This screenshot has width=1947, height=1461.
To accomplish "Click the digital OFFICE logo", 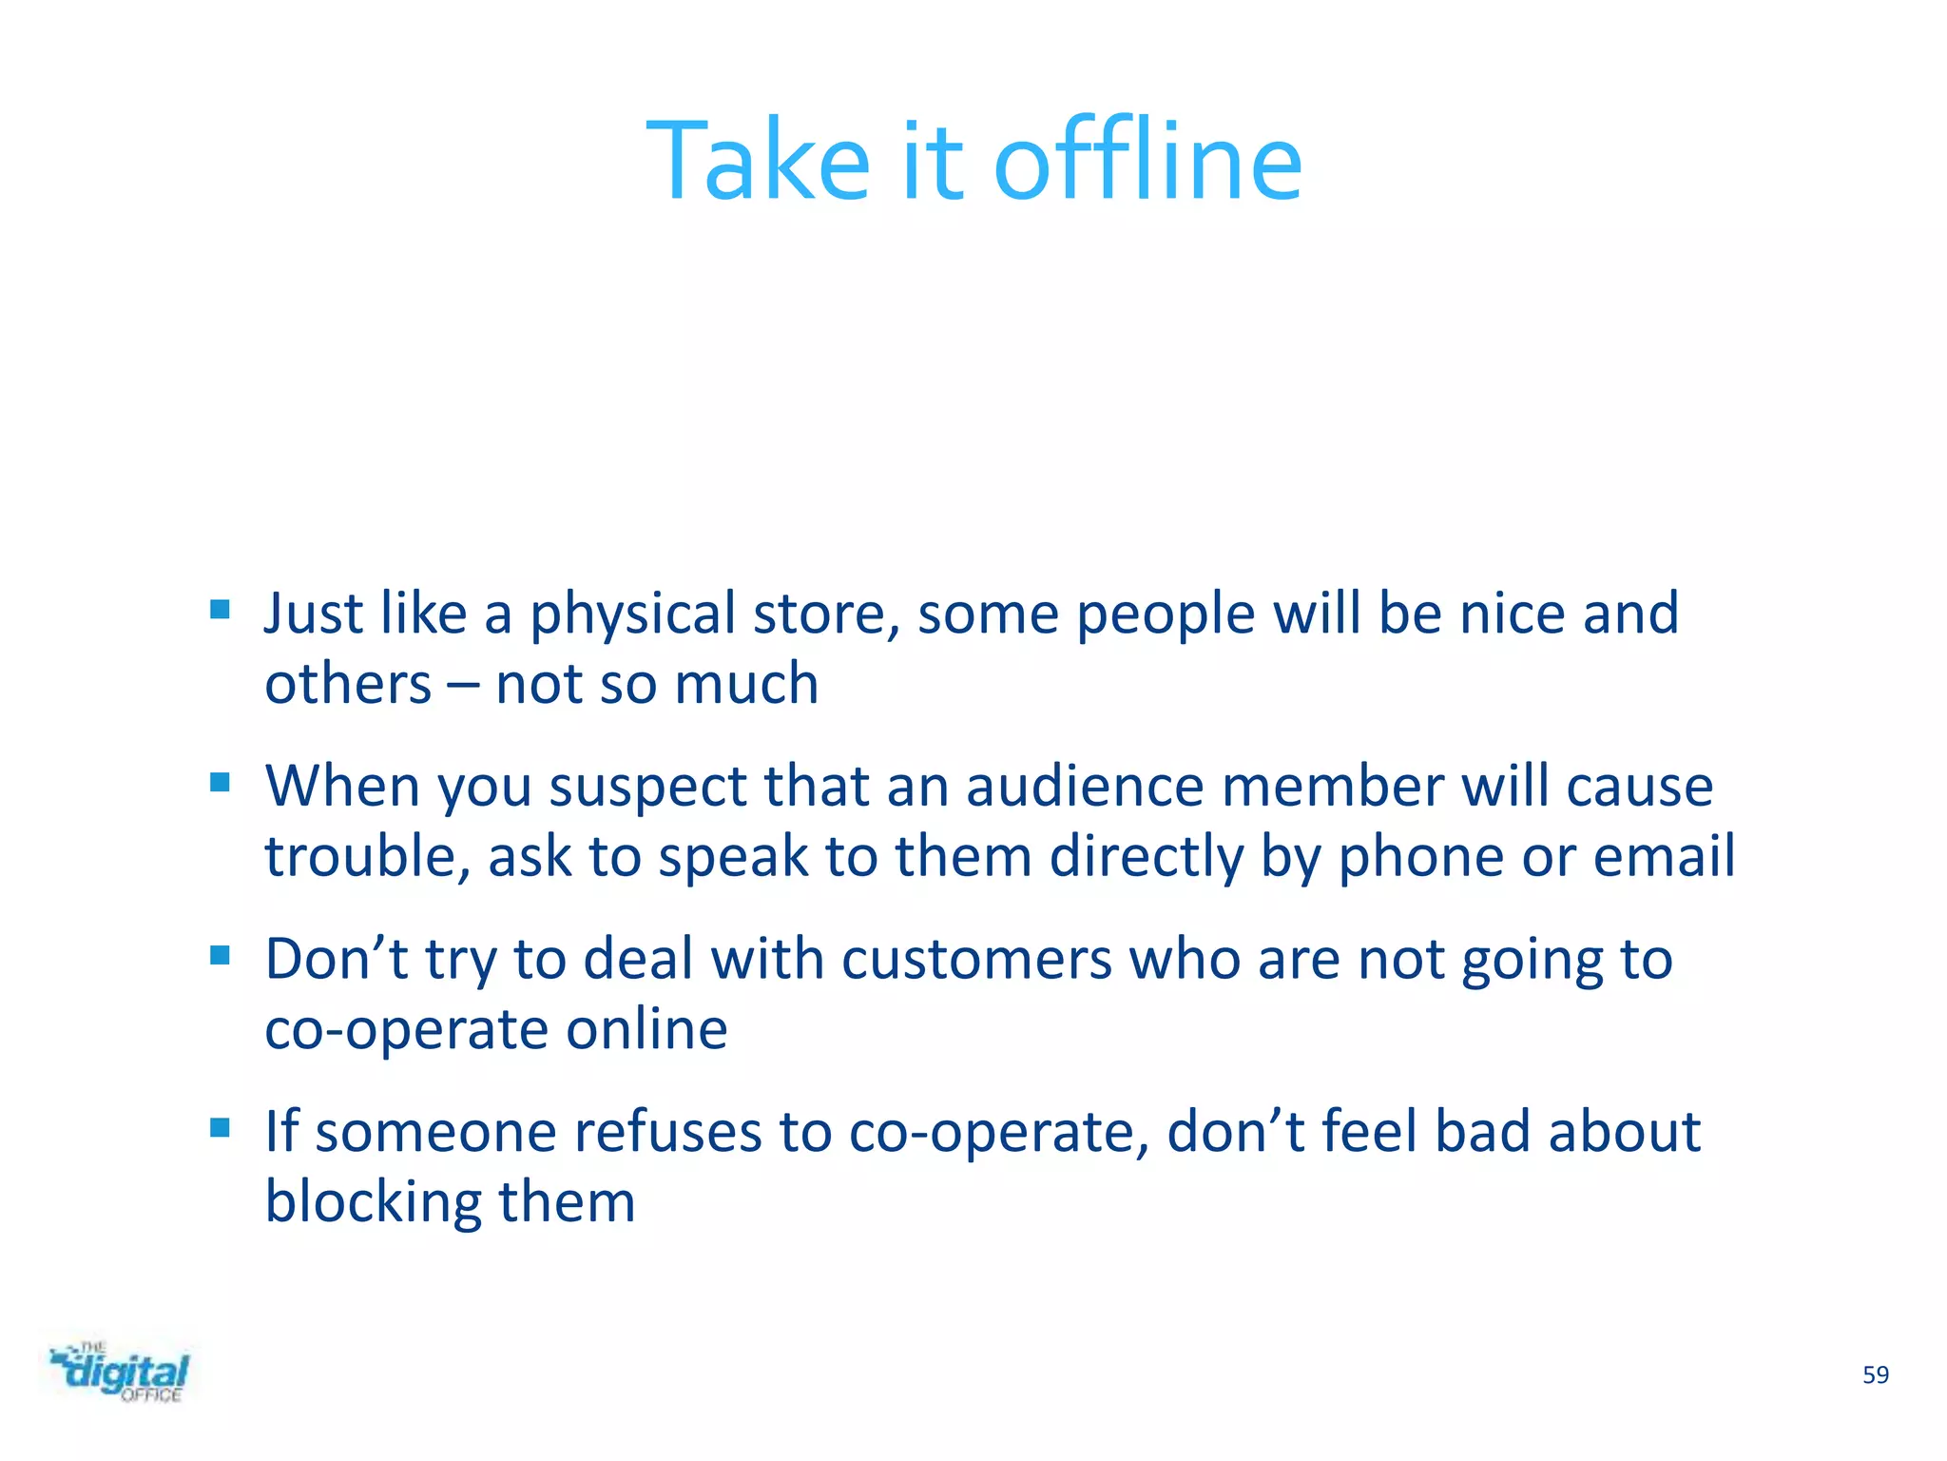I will [x=120, y=1373].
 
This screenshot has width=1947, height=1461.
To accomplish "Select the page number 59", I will [x=1875, y=1375].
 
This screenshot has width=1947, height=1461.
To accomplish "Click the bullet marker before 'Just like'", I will [x=220, y=609].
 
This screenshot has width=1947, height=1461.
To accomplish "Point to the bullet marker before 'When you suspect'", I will [x=220, y=782].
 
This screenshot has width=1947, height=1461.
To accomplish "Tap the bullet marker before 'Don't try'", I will [x=220, y=954].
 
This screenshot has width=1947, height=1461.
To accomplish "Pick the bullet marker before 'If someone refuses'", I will [x=220, y=1127].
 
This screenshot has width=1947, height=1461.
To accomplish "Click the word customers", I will [x=976, y=959].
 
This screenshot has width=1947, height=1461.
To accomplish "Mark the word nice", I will [x=1512, y=614].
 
